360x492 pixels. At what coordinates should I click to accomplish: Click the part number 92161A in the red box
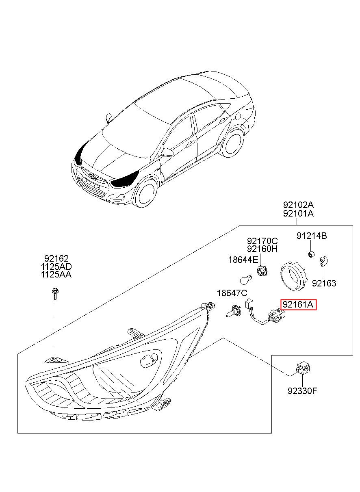[x=298, y=304]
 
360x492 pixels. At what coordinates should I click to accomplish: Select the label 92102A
[x=298, y=205]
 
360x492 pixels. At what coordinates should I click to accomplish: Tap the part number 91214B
[x=311, y=236]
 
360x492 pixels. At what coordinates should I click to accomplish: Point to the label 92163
[x=325, y=283]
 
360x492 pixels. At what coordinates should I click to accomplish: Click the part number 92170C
[x=262, y=241]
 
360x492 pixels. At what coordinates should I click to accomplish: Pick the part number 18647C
[x=232, y=293]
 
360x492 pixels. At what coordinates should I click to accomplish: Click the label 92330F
[x=302, y=391]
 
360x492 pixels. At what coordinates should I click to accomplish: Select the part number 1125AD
[x=56, y=267]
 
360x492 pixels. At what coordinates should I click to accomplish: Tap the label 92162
[x=56, y=258]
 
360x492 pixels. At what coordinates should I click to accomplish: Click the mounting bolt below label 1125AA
[x=54, y=293]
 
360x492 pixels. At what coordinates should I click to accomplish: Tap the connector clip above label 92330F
[x=304, y=368]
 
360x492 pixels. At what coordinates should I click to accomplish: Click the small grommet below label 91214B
[x=310, y=254]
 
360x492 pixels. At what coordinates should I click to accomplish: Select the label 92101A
[x=298, y=213]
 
